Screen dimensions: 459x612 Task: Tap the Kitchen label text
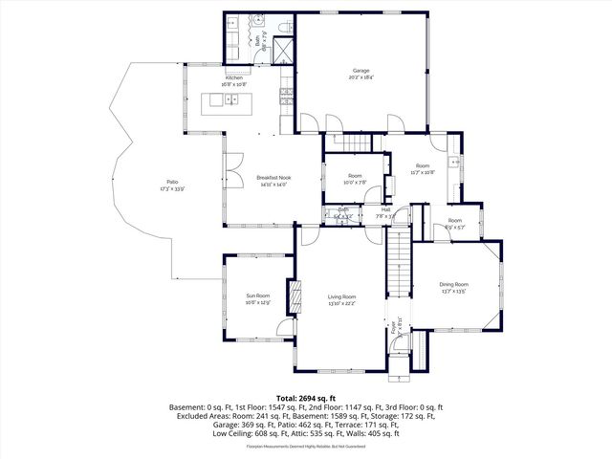[x=235, y=78]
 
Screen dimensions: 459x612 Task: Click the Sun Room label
[x=257, y=296]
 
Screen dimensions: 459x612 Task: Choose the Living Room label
[x=341, y=297]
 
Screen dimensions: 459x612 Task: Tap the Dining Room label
[x=453, y=285]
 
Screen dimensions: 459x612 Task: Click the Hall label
[x=385, y=210]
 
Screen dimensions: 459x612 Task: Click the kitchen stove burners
[x=285, y=94]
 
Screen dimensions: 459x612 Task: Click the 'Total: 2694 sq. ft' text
[x=305, y=398]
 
